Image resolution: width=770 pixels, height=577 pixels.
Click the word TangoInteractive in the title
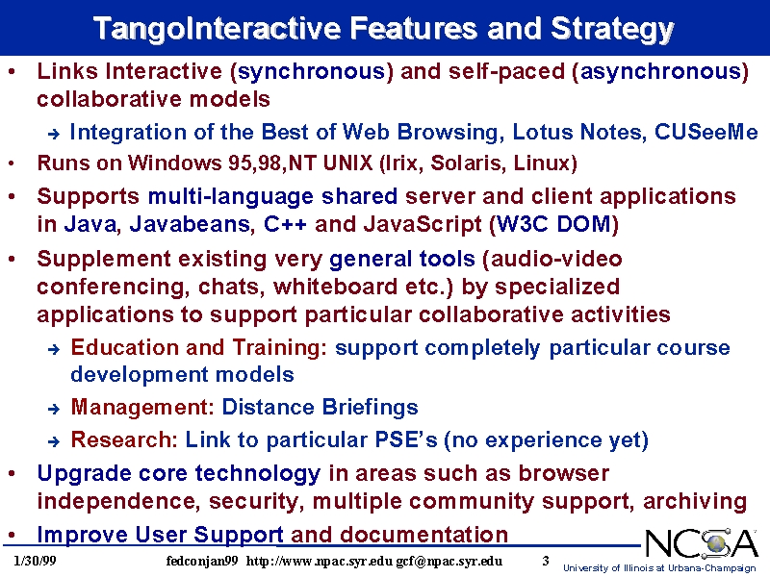point(218,29)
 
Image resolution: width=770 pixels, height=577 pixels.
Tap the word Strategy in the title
point(612,30)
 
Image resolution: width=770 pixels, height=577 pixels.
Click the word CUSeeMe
point(706,132)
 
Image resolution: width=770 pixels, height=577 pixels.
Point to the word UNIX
point(348,163)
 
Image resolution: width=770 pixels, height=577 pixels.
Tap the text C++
point(285,224)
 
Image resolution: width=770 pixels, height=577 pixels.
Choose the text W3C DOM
point(553,225)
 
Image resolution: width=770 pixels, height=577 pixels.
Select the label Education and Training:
point(199,348)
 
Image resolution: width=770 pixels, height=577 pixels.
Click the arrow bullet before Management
point(54,408)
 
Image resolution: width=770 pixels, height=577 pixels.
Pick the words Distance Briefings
point(320,407)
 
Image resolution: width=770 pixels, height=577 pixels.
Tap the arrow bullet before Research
point(54,441)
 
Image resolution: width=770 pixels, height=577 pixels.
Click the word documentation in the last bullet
point(423,535)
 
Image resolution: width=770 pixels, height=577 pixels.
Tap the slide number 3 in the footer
point(546,561)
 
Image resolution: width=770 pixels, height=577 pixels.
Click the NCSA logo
point(702,543)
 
